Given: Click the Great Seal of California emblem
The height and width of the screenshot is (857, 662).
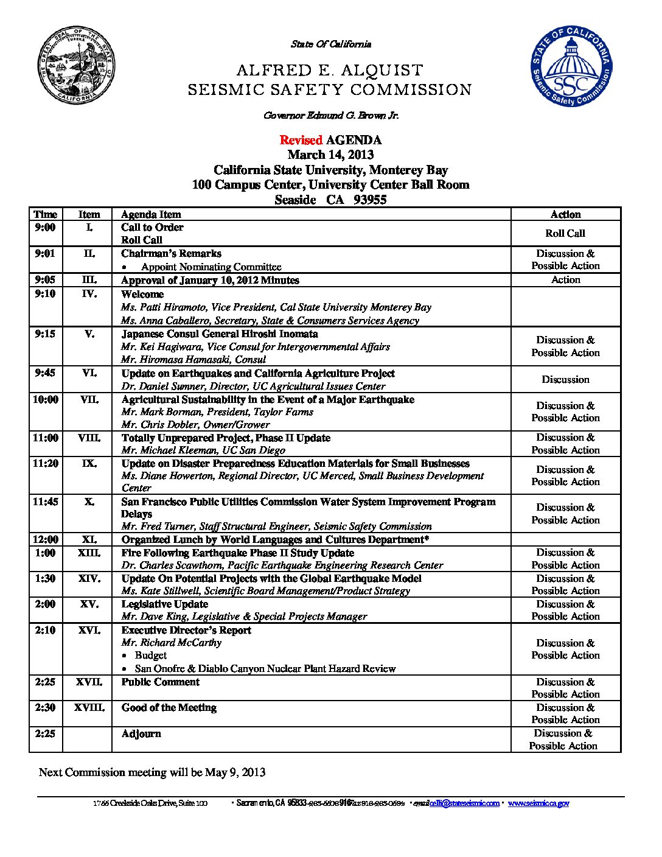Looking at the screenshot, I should [77, 65].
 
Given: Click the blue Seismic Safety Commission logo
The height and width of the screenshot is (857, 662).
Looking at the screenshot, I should [571, 66].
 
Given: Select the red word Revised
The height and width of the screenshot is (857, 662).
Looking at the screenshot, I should [301, 140].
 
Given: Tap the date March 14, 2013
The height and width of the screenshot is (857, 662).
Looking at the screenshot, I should [330, 155].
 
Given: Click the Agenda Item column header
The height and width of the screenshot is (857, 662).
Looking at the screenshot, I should [151, 214].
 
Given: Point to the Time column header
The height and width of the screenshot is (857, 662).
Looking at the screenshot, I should [46, 214].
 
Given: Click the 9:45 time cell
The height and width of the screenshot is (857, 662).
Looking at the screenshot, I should [46, 373].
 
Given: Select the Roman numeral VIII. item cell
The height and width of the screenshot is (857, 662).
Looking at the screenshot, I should [89, 438].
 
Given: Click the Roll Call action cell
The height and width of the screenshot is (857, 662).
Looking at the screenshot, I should [565, 233].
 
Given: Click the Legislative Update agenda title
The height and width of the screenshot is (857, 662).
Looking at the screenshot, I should [165, 604].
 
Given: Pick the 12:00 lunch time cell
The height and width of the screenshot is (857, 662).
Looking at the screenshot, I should [46, 539].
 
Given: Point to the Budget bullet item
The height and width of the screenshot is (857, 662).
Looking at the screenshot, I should [150, 655].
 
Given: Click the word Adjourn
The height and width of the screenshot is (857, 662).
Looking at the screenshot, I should [141, 733].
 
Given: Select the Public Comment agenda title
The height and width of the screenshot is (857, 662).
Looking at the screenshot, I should [161, 682].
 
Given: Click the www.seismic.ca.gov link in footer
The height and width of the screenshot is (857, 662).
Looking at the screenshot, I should [538, 803].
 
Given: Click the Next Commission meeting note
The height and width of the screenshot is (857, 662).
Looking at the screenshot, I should [152, 772].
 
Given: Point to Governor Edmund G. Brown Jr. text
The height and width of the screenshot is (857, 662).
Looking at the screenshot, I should [331, 115].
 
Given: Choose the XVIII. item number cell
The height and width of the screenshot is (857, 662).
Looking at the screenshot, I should [89, 707].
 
